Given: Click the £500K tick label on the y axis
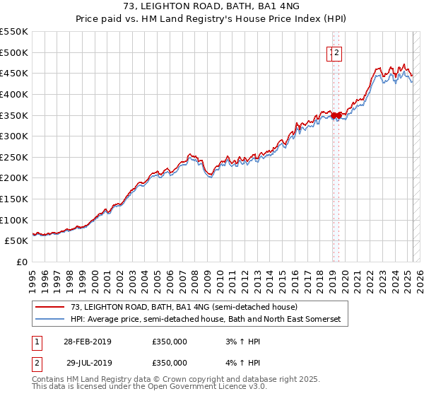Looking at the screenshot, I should pyautogui.click(x=14, y=52).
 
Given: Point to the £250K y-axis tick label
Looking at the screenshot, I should pyautogui.click(x=14, y=157).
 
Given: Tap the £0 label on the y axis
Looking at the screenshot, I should pyautogui.click(x=23, y=262).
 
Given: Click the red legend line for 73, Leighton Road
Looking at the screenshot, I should pyautogui.click(x=50, y=307).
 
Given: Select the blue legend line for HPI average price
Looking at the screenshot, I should pyautogui.click(x=50, y=320).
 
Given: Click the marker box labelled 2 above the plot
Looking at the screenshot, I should pyautogui.click(x=337, y=52).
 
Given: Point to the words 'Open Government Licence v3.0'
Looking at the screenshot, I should pyautogui.click(x=213, y=387).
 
